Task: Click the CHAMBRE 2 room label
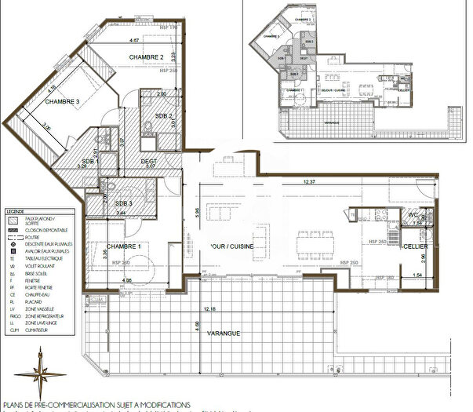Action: click(x=146, y=57)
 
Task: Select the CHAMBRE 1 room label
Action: click(x=123, y=246)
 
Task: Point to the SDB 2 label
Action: click(x=163, y=116)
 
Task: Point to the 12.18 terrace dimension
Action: click(x=208, y=308)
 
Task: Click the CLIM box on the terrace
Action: click(x=98, y=298)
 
